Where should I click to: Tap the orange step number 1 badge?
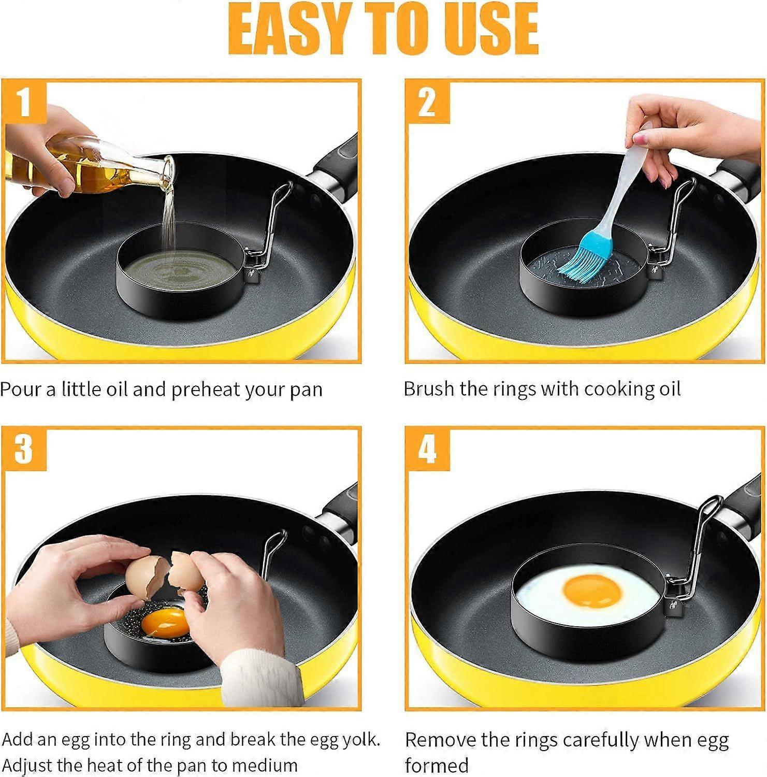pyautogui.click(x=24, y=102)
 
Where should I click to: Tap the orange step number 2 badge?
pyautogui.click(x=427, y=102)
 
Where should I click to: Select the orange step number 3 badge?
pyautogui.click(x=24, y=449)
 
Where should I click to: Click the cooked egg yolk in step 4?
pyautogui.click(x=591, y=592)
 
